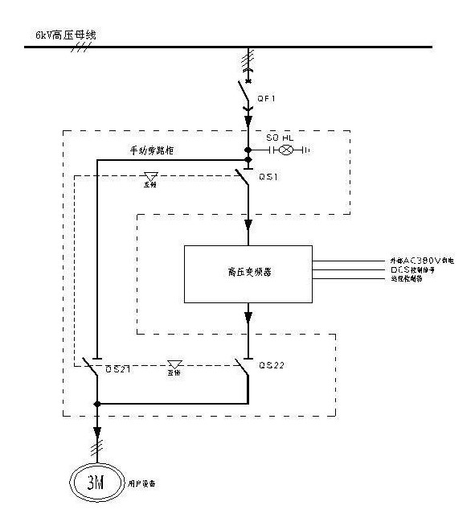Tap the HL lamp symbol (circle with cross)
point(283,150)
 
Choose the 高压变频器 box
point(248,273)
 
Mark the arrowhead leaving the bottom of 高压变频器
point(248,314)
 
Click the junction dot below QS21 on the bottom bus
point(96,403)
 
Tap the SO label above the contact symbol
point(271,138)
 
